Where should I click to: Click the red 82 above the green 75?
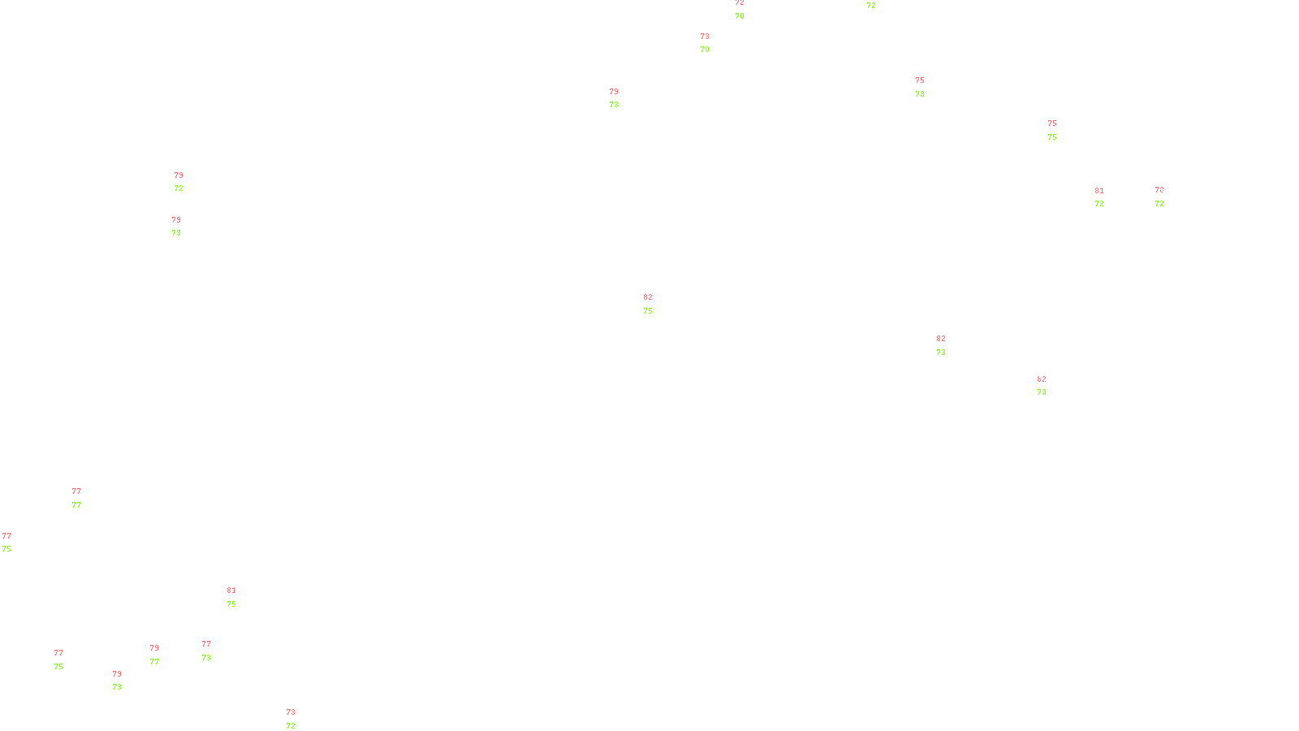648,297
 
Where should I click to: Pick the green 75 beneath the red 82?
648,311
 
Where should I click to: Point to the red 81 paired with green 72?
1099,191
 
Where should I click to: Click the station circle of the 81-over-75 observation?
240,597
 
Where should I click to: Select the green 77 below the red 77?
76,505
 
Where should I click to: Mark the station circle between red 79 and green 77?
162,655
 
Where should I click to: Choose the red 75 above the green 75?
1052,123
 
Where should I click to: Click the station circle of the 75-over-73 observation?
928,87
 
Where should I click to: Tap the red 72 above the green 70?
740,3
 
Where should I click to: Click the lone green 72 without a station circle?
871,6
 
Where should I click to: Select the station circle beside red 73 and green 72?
298,720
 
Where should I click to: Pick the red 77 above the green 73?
206,644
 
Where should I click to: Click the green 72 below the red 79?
179,188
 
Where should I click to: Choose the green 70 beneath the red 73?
705,50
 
